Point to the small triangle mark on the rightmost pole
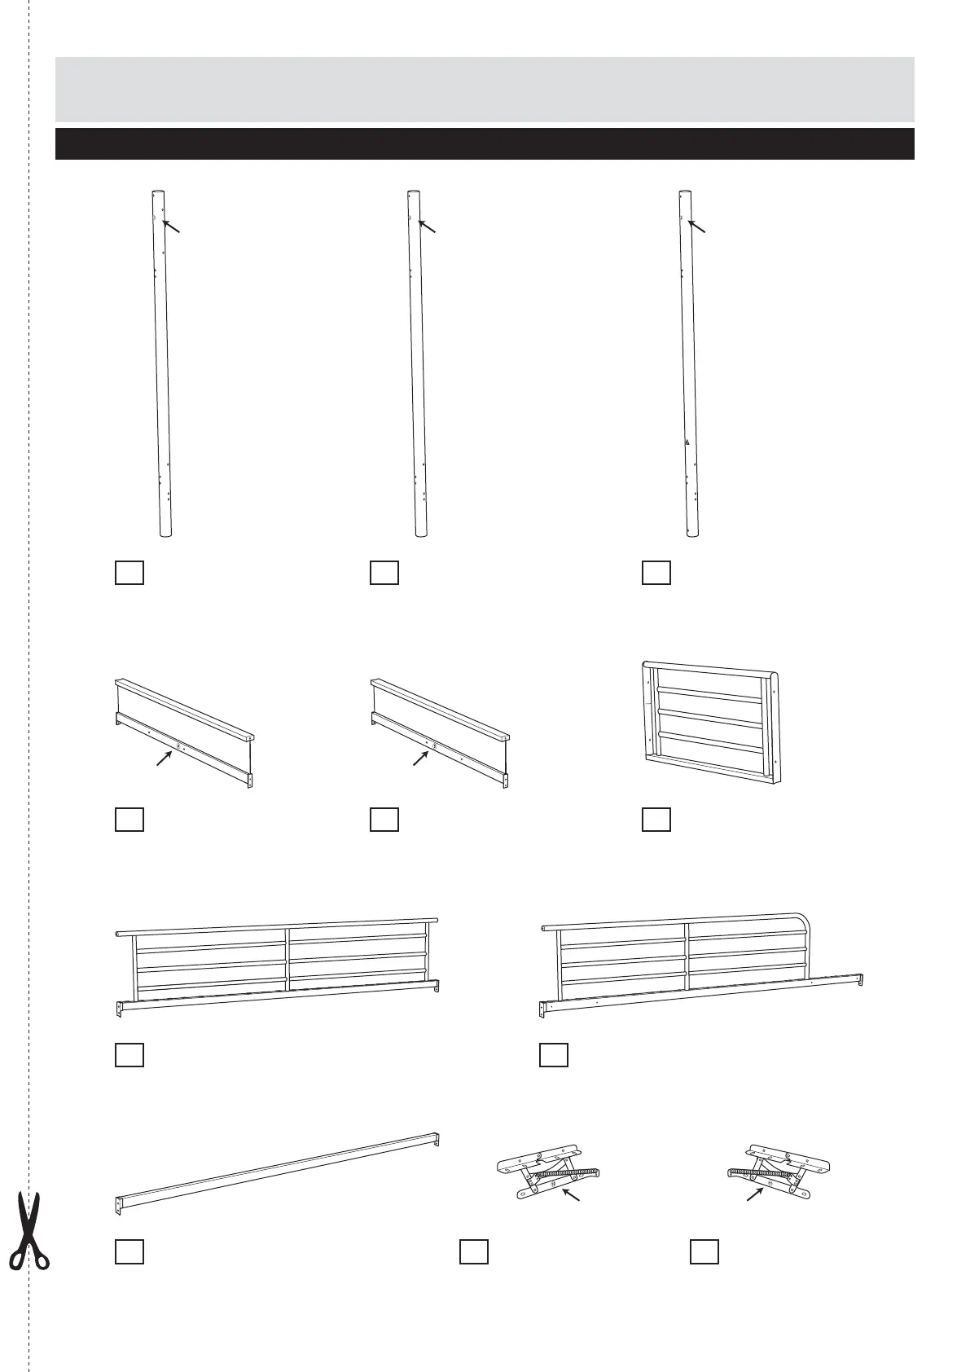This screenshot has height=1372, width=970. click(687, 442)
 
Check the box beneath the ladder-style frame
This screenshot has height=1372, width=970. click(656, 819)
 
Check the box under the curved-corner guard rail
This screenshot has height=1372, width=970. click(553, 1054)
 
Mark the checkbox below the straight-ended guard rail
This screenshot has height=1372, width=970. click(129, 1054)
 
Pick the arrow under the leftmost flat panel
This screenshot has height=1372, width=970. click(165, 759)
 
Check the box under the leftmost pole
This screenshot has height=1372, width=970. click(129, 572)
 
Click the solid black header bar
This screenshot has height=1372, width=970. click(485, 143)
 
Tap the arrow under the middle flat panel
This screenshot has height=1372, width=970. click(421, 758)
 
